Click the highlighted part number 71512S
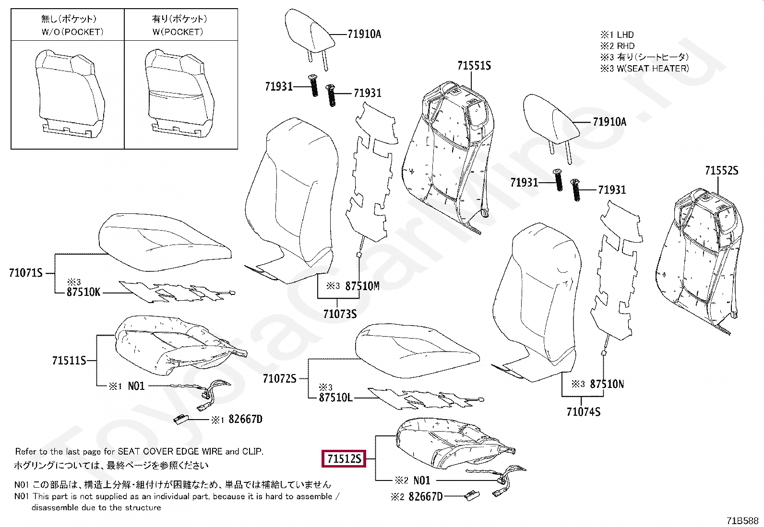[344, 459]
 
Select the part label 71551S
[474, 66]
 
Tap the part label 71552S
[721, 171]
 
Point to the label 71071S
[25, 273]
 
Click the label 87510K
[84, 292]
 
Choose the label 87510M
[362, 286]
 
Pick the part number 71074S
[583, 412]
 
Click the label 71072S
[279, 379]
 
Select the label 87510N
[607, 384]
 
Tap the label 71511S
[69, 361]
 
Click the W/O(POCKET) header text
[72, 32]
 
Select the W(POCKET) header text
[178, 32]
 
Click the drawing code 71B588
[742, 520]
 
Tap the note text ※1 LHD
[617, 35]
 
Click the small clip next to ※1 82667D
[182, 419]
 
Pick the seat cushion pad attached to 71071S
[163, 237]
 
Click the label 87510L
[335, 398]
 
